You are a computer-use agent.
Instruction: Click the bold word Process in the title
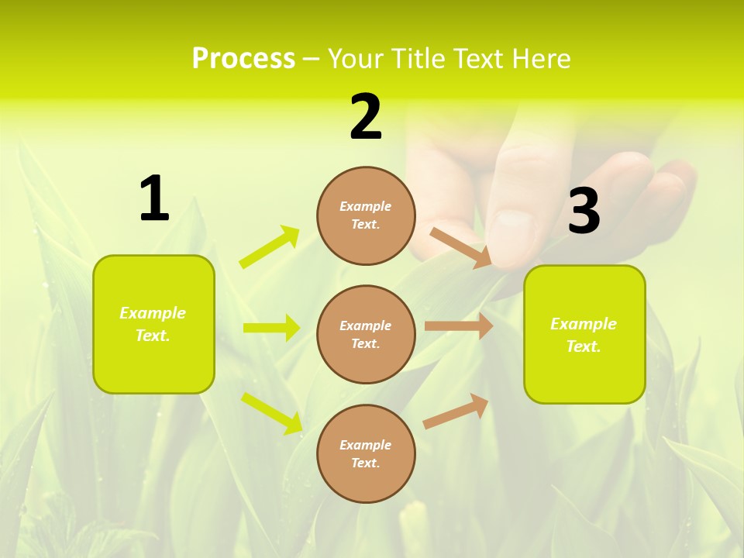[x=243, y=59]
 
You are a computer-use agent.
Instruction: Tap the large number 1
[x=154, y=198]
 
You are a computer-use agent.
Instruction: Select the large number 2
[x=366, y=117]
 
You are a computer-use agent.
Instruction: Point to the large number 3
[x=584, y=211]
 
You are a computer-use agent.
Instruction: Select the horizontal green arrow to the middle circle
[x=271, y=328]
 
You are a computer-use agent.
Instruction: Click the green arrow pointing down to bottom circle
[x=271, y=412]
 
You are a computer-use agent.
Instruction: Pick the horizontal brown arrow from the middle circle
[x=458, y=326]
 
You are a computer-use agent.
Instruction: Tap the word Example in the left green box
[x=153, y=313]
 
